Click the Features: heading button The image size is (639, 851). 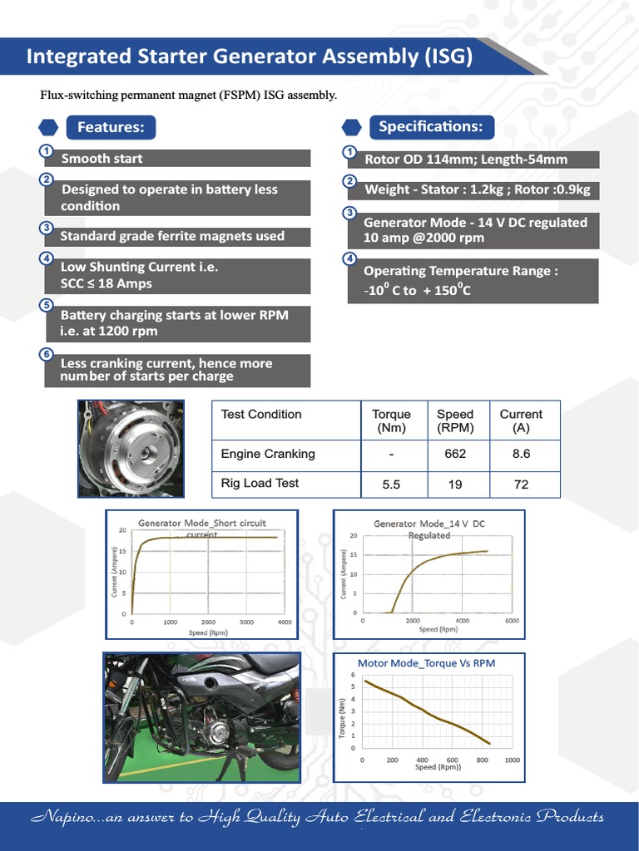tap(110, 127)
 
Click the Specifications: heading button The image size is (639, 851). tap(430, 126)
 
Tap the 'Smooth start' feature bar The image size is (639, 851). tap(176, 159)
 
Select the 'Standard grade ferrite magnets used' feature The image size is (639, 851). tap(176, 236)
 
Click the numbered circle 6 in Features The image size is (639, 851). tap(47, 354)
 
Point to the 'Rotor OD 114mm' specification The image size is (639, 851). tap(472, 160)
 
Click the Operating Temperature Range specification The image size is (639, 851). tap(472, 281)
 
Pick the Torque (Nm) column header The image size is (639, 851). tap(391, 421)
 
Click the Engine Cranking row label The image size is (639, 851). tap(268, 454)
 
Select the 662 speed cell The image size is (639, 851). tap(455, 454)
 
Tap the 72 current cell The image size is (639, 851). tap(521, 485)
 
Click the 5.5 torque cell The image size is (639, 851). tap(391, 485)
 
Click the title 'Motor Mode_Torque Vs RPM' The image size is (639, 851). tap(426, 663)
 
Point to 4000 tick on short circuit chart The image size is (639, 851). tap(284, 622)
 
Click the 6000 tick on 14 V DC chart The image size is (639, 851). tap(512, 621)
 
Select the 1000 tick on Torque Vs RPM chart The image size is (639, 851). tap(512, 760)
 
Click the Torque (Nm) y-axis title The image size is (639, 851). tap(342, 717)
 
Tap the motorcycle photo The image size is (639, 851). tap(201, 717)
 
